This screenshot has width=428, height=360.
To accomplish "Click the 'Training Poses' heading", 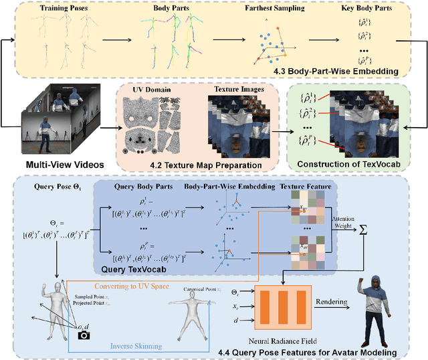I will tap(65, 9).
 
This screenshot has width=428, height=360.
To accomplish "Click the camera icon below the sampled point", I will tap(84, 334).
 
